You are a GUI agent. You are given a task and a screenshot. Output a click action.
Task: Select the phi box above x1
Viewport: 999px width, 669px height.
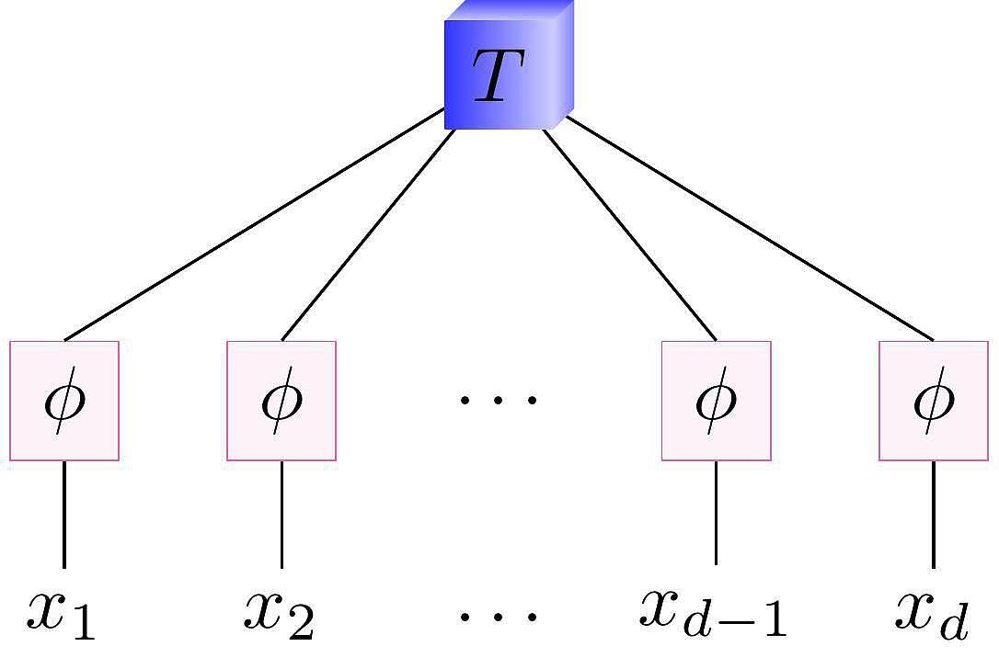coord(64,401)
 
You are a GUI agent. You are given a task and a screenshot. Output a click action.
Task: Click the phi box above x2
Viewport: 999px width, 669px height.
coord(281,401)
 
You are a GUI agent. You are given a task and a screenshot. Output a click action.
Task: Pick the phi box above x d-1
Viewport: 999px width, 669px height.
coord(717,401)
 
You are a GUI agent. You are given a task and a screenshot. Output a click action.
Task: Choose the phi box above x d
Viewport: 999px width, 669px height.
coord(934,401)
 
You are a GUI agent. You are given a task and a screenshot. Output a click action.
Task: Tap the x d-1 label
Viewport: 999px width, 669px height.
coord(713,612)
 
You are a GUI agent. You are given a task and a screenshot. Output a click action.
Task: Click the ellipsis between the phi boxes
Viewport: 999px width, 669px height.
coord(498,400)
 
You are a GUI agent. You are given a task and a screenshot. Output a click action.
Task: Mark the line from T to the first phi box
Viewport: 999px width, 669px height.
coord(255,225)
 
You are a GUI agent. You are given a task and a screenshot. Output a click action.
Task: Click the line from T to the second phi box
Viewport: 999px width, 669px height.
coord(368,234)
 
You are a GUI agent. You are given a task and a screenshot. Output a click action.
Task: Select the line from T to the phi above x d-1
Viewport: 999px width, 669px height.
coord(630,234)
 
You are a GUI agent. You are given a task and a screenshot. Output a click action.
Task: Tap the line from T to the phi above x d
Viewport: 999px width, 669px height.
coord(750,228)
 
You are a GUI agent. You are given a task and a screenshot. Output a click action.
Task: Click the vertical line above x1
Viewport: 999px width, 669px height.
coord(64,515)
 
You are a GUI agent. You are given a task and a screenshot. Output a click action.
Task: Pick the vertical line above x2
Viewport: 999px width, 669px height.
coord(281,515)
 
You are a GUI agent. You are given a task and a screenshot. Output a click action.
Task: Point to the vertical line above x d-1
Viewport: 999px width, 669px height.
coord(717,513)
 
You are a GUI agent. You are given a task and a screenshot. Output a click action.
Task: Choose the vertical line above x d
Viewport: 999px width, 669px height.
coord(934,515)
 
